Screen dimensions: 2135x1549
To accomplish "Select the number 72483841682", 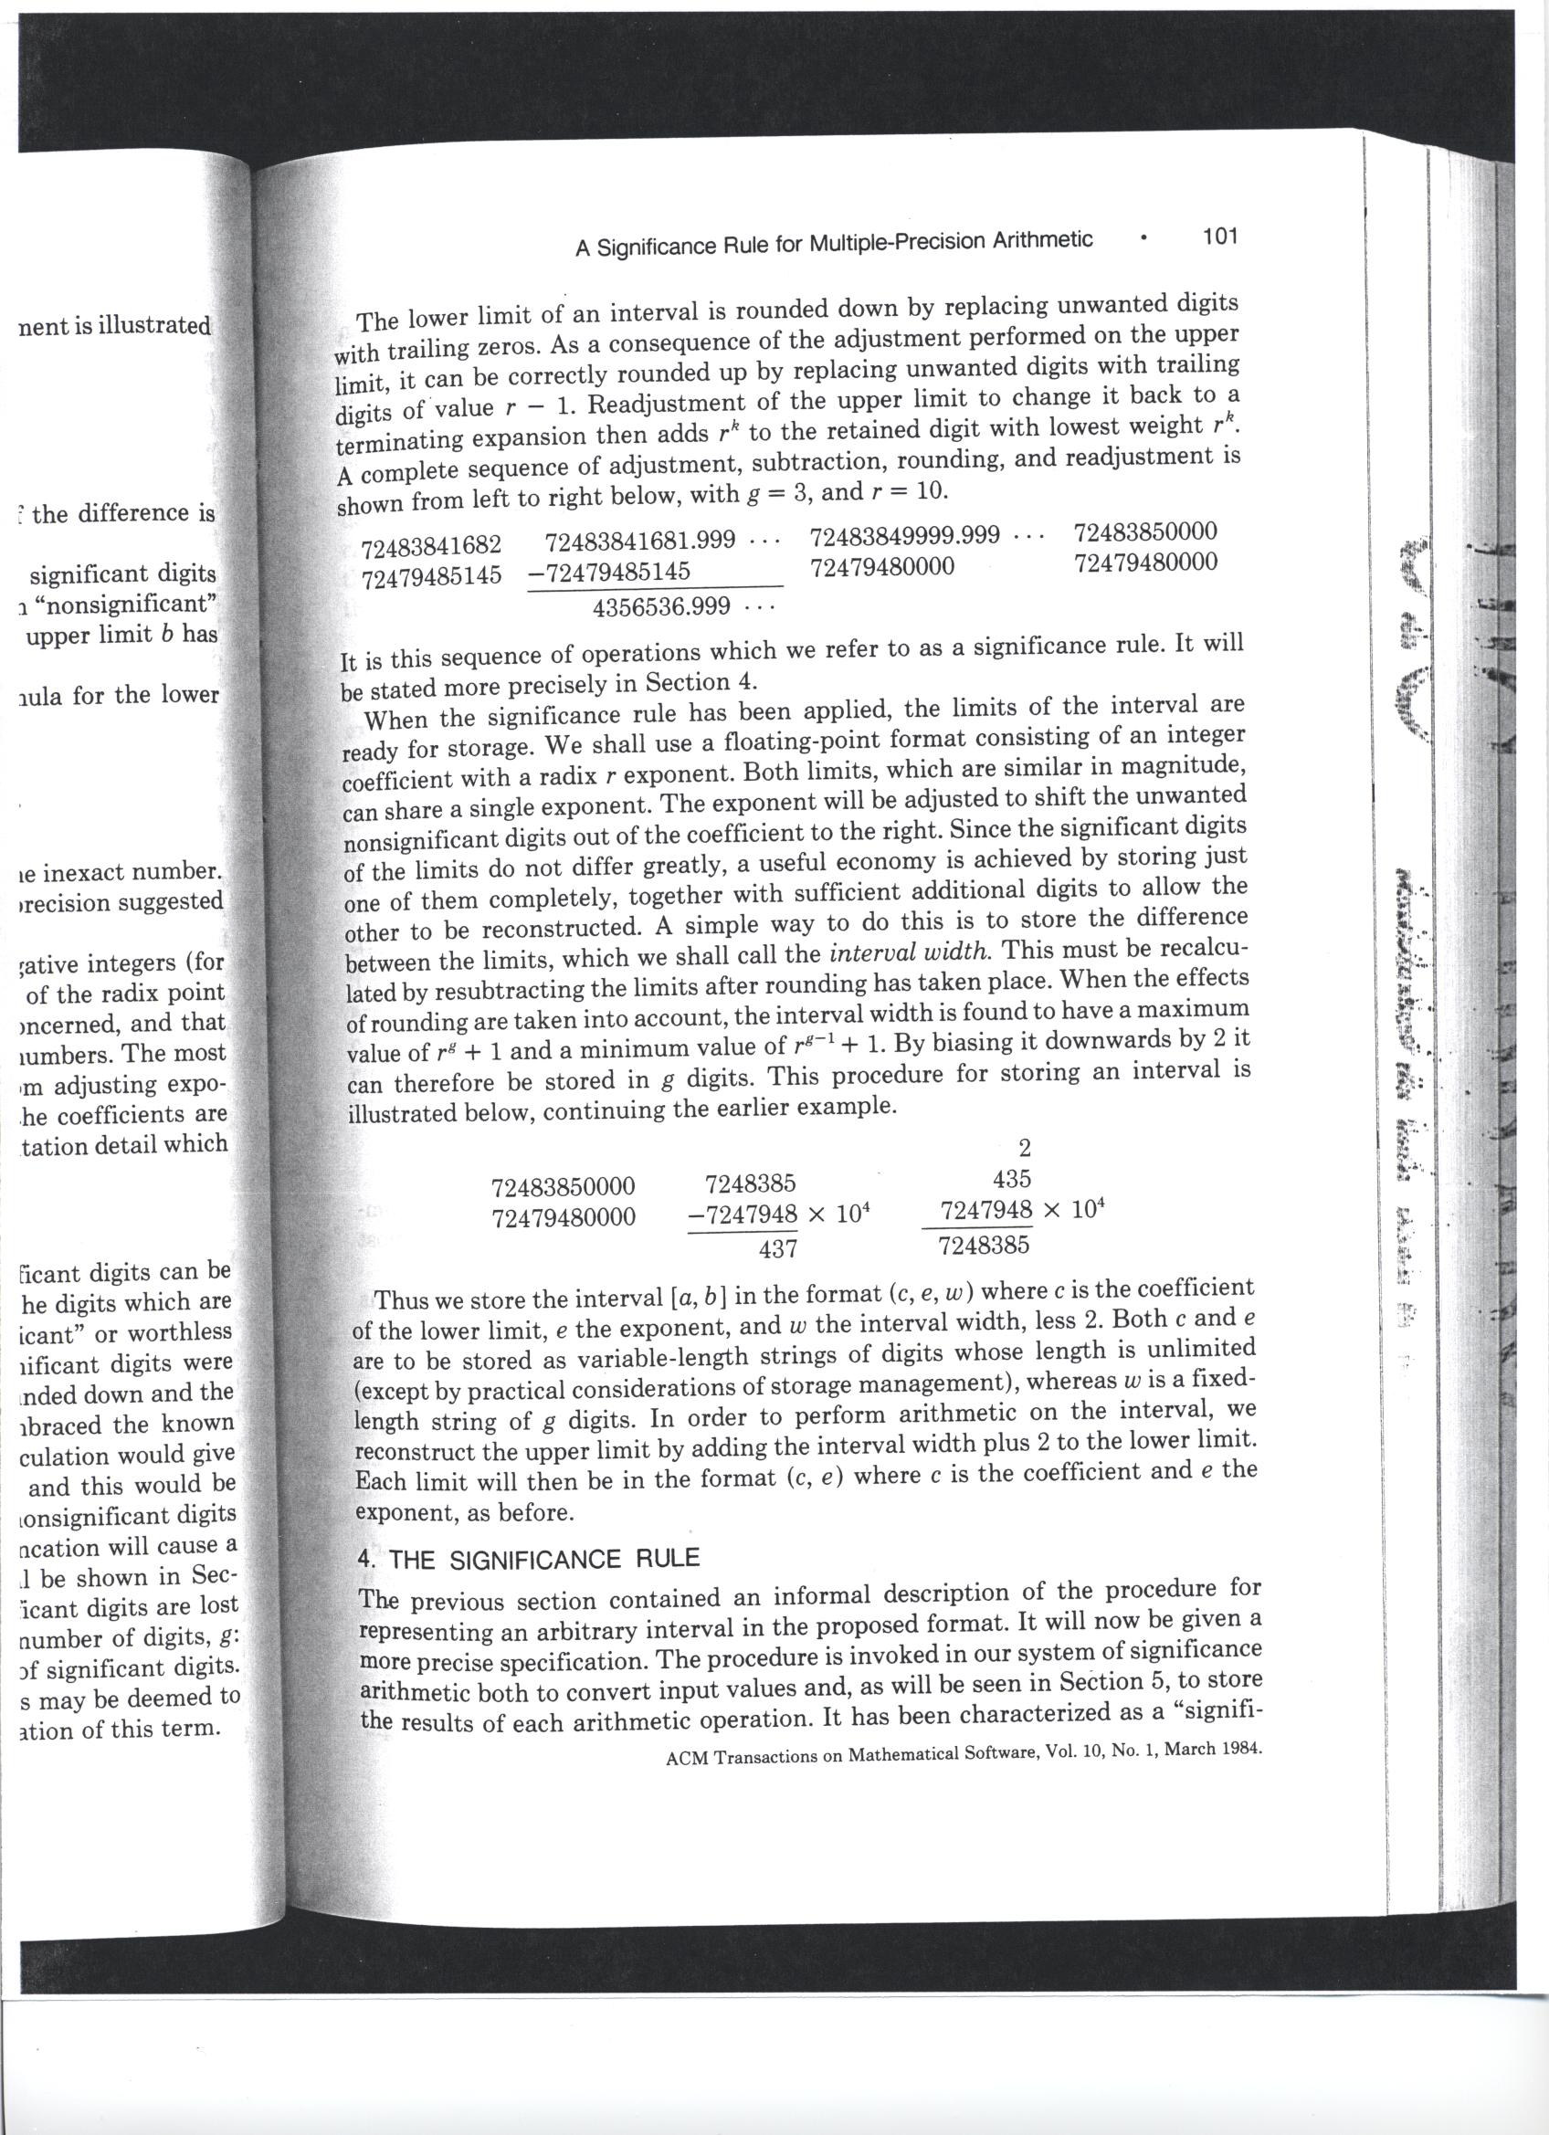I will [x=431, y=545].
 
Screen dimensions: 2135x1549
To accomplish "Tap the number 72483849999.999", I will [x=905, y=536].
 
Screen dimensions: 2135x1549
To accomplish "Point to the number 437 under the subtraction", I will [x=778, y=1248].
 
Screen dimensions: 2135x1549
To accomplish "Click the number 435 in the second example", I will [x=1012, y=1179].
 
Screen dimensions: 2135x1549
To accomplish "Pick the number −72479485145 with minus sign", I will [x=609, y=572].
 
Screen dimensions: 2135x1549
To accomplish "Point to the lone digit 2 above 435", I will [x=1026, y=1148].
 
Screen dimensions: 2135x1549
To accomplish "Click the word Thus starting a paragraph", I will [x=399, y=1302].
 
